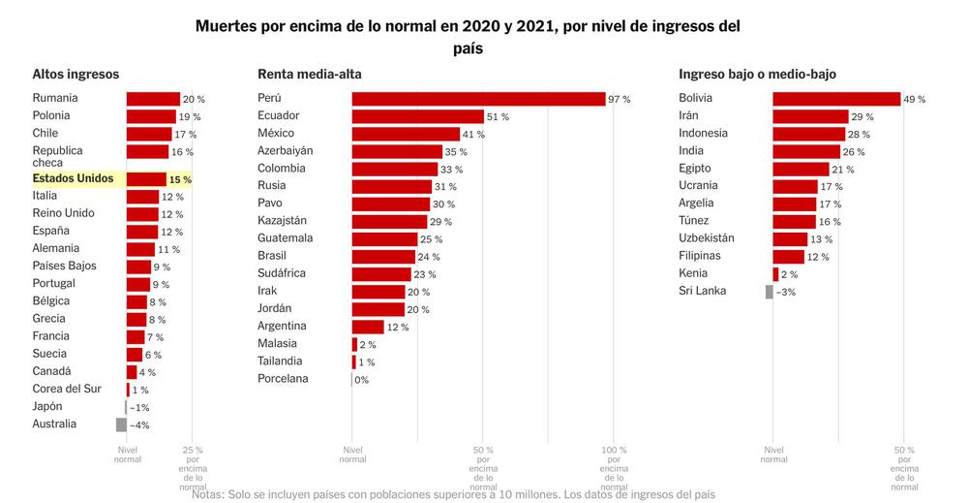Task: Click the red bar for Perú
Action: pos(478,99)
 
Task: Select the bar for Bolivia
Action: pos(836,99)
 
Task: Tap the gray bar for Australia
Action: pos(121,424)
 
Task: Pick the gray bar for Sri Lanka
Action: pos(770,292)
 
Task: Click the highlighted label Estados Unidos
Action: pos(73,179)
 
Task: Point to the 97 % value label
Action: pos(620,100)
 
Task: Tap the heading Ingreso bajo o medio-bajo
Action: pos(757,74)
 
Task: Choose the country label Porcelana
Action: pos(283,379)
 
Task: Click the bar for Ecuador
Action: pos(417,116)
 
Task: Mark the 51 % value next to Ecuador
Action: pos(498,117)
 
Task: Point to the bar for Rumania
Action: pos(153,99)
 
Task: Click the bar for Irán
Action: pos(810,116)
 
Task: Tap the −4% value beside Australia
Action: pos(139,425)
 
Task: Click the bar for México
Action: pos(406,134)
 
